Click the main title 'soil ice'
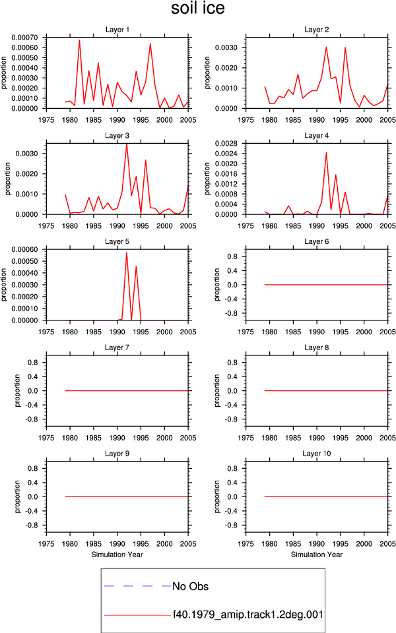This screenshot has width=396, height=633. point(197,8)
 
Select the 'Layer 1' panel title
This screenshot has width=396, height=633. point(117,30)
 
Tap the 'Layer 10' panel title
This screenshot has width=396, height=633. point(316,454)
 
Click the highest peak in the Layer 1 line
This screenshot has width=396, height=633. point(79,40)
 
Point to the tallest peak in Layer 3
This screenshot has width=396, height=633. point(127,144)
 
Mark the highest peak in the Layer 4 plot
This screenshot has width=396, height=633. point(326,152)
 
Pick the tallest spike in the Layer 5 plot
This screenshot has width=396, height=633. point(127,253)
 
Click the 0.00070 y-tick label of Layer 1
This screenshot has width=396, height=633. point(24,38)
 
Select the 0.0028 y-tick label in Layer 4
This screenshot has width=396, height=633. point(226,143)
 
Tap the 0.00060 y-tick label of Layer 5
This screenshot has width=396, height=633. point(24,249)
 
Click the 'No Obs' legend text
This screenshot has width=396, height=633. point(190,586)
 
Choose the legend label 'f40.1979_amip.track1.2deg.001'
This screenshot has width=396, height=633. point(248,615)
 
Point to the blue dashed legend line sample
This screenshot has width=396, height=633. point(137,586)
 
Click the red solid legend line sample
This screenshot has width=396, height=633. point(137,615)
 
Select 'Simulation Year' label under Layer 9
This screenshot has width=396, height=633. point(117,555)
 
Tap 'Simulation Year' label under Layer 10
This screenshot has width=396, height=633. point(316,555)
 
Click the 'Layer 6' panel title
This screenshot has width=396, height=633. point(316,241)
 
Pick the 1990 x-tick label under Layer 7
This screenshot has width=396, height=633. point(117,438)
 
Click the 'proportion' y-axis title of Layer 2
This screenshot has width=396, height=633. point(207,73)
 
